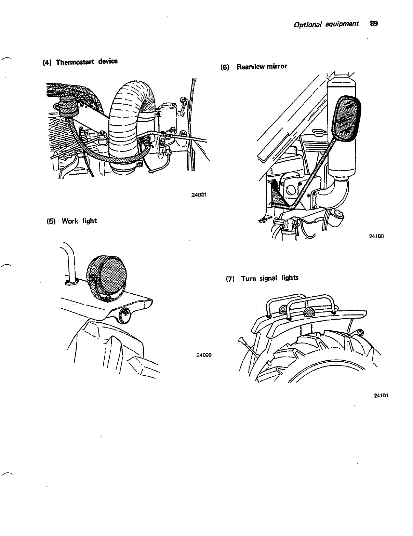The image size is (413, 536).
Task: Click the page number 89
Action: [x=374, y=24]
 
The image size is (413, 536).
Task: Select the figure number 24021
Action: [x=199, y=195]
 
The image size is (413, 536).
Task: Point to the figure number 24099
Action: [x=204, y=355]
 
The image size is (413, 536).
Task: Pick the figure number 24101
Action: [x=382, y=396]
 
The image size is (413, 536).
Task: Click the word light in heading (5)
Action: [x=89, y=221]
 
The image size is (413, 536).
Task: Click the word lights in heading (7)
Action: [x=290, y=278]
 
